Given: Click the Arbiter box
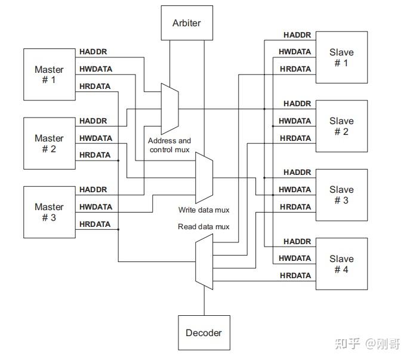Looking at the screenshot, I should pos(187,23).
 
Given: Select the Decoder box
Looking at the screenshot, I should pos(204,333).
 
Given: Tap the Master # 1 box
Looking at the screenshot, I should pos(49,75).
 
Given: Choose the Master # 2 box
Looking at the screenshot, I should pos(49,143).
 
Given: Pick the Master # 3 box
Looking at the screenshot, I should pos(49,212).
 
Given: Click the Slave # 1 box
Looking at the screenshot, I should pos(341,57).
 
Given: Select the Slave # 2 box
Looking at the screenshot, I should pos(341,126).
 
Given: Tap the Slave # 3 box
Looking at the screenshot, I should pos(341,195).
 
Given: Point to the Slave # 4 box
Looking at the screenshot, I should pos(341,264).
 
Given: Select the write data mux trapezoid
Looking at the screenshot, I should pos(205,178).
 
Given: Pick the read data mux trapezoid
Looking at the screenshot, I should pos(204,261).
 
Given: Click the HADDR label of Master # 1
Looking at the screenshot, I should pos(93,52).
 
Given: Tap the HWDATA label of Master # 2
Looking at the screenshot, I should pos(95,138).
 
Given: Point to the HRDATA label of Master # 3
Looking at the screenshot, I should pos(95,224).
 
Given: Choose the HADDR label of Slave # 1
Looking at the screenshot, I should pos(297,35).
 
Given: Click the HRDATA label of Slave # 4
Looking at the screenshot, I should pos(295,275).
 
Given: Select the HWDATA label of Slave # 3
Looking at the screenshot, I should pos(295,189).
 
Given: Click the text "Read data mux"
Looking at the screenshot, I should pos(204,227).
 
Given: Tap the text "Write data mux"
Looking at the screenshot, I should pos(204,210).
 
